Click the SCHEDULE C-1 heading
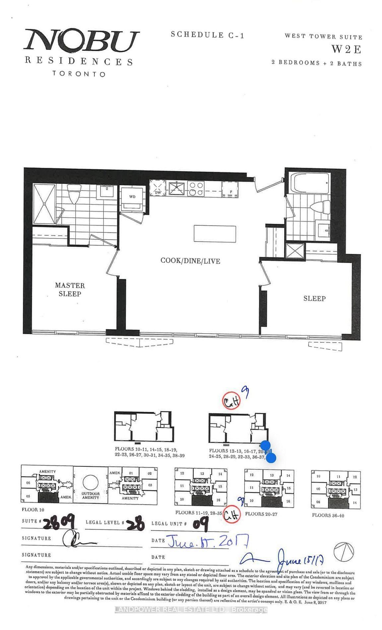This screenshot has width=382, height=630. (208, 35)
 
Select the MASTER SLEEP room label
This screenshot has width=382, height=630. (70, 289)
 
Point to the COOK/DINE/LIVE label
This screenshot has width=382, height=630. (190, 261)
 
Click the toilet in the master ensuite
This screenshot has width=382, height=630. (75, 194)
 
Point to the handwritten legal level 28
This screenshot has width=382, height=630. (136, 525)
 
